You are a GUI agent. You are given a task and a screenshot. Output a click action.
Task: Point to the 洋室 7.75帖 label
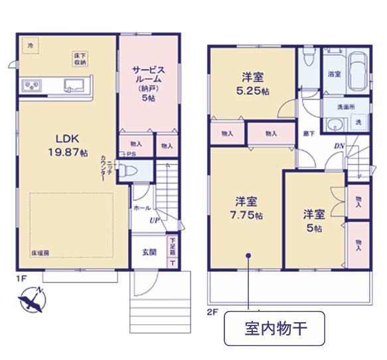click(248, 208)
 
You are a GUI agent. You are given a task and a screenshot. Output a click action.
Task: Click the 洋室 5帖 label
click(313, 221)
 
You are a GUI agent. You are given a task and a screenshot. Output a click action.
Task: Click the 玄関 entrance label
click(149, 251)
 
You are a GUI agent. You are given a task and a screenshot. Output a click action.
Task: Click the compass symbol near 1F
click(31, 300)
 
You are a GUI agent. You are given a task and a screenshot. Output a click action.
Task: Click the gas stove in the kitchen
click(31, 85)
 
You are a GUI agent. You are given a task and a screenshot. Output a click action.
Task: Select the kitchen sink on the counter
click(74, 85)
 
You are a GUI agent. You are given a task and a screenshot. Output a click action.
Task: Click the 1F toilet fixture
click(132, 172)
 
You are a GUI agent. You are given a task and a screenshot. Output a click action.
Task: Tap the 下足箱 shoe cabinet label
click(172, 247)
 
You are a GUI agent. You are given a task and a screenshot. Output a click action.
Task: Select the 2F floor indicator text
click(212, 310)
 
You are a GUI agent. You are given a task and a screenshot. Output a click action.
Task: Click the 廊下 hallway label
click(309, 133)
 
